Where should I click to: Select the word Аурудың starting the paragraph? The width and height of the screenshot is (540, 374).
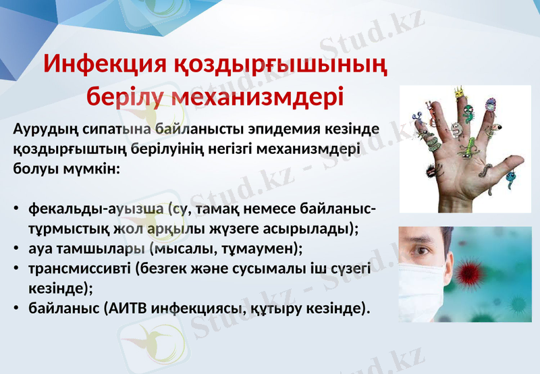(45, 129)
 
